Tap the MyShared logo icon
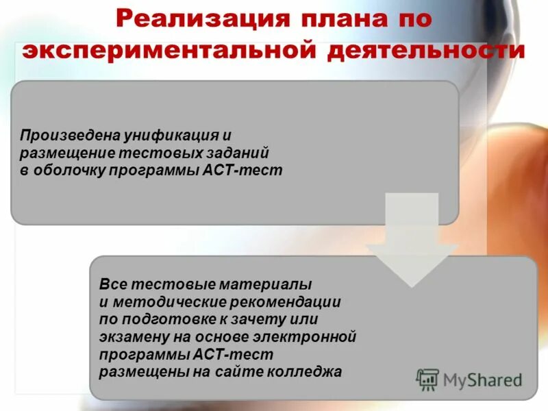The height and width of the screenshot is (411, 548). pyautogui.click(x=428, y=379)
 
